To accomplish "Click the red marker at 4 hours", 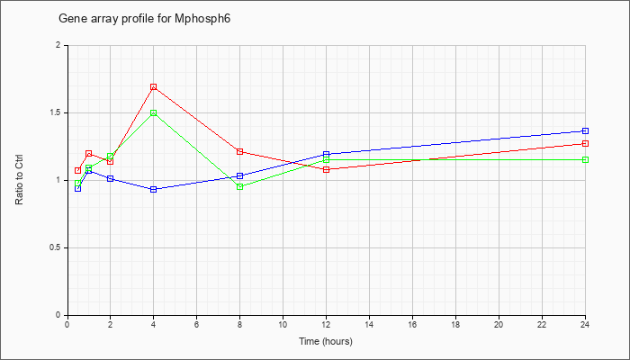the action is (x=154, y=87).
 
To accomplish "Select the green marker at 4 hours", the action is (x=154, y=112).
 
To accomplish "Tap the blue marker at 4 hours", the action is (x=154, y=189).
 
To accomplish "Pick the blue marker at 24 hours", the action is (x=585, y=131).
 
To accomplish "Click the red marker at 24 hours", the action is (x=585, y=143).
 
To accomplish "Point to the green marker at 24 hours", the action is (x=585, y=160).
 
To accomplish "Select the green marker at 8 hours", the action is (x=240, y=187).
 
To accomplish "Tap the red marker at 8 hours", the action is (x=240, y=151).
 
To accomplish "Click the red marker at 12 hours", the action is (x=326, y=169).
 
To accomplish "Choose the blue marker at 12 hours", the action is (x=326, y=154).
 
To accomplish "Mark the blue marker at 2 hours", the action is (x=110, y=178).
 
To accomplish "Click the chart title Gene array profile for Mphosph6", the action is (x=145, y=19).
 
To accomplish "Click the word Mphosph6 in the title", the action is (x=202, y=19).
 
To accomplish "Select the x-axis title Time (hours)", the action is (x=326, y=341).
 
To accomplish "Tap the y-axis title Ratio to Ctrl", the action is (x=19, y=180).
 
